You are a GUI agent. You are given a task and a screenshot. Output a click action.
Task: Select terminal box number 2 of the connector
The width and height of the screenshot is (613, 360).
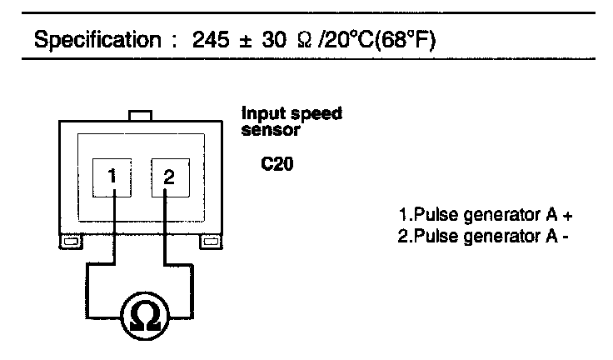pyautogui.click(x=168, y=177)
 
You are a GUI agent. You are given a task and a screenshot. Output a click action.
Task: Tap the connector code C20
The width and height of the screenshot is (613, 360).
pyautogui.click(x=275, y=165)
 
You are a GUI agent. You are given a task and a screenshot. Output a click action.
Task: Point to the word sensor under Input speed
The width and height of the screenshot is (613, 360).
pyautogui.click(x=264, y=129)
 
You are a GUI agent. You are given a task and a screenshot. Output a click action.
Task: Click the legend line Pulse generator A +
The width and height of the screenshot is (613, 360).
pyautogui.click(x=486, y=215)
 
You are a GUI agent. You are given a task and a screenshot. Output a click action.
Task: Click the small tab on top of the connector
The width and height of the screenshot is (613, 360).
pyautogui.click(x=139, y=115)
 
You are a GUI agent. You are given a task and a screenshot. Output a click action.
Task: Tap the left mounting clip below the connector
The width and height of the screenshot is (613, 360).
pyautogui.click(x=68, y=242)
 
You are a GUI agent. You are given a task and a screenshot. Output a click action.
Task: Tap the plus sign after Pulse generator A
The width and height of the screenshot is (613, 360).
pyautogui.click(x=569, y=215)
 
